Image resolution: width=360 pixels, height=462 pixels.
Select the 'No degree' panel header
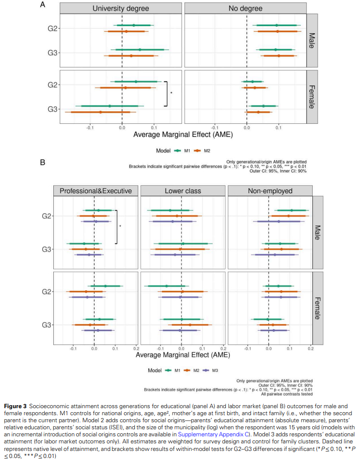click(x=246, y=9)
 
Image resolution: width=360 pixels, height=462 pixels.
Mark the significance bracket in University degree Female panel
click(x=165, y=94)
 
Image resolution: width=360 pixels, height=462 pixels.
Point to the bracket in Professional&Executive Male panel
click(x=116, y=226)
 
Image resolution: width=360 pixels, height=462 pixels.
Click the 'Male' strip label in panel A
click(x=312, y=40)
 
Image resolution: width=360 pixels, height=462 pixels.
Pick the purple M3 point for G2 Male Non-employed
click(x=279, y=221)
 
